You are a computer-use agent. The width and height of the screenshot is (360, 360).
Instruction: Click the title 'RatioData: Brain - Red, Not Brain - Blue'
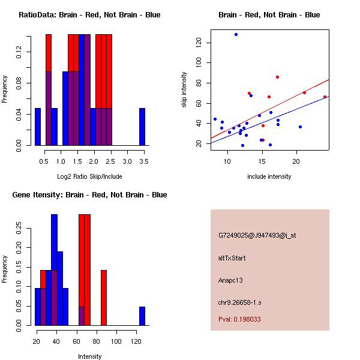(89, 15)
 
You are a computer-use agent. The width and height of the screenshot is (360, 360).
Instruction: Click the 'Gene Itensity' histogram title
(89, 195)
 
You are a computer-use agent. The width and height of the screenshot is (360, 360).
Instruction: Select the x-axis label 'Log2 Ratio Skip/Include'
(89, 176)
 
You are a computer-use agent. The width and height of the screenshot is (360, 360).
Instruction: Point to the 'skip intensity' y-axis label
(184, 90)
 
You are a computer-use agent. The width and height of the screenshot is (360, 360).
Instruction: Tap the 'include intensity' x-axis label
(269, 176)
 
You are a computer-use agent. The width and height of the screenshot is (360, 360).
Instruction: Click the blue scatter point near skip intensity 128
(236, 34)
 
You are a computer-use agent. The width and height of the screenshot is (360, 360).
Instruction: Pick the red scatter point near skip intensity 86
(277, 77)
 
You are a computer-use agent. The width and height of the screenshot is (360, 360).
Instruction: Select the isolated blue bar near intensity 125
(142, 316)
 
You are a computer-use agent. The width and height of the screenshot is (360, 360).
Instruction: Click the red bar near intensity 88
(104, 298)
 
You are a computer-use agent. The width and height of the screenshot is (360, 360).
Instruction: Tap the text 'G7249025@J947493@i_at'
(257, 235)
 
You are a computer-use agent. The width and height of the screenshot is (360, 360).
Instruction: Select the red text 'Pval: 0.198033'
(239, 320)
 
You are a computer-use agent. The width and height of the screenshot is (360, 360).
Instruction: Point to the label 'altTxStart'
(232, 258)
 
